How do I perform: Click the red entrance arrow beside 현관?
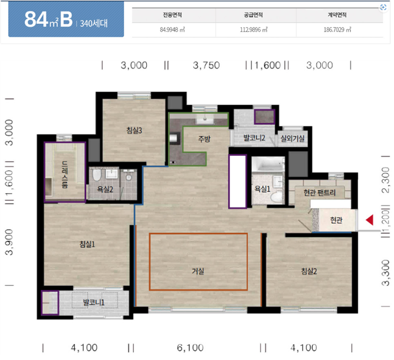pos(370,220)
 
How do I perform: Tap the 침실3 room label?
pos(134,130)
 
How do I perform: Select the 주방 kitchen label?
pos(204,139)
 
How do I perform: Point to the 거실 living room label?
pos(198,271)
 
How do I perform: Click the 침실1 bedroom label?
pos(87,244)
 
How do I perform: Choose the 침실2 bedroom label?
pos(309,271)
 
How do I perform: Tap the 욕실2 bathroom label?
pos(105,189)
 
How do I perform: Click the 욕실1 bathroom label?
pos(262,189)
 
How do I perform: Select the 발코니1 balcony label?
pos(93,302)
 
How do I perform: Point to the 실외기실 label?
pos(292,138)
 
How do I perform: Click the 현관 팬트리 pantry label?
pos(320,193)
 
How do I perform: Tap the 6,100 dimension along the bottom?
pos(190,348)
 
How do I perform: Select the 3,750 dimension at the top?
pos(206,65)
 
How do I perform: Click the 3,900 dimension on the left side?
pos(9,242)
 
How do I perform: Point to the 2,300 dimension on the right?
pos(385,180)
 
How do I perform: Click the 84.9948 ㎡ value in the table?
pos(172,30)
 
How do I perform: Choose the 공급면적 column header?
pos(253,15)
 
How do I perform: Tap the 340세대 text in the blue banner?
pos(94,24)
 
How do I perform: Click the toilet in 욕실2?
pos(97,174)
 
